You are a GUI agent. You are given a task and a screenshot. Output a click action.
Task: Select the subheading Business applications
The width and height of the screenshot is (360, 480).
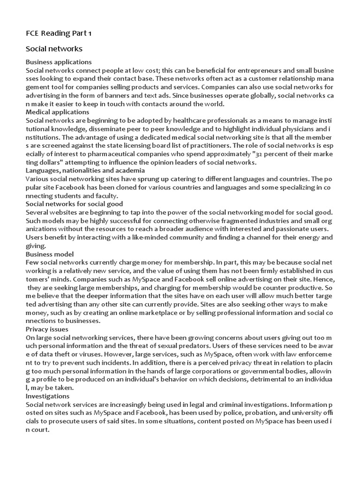coord(59,62)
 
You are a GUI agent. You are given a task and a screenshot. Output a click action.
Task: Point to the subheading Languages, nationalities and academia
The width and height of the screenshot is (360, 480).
coord(85,171)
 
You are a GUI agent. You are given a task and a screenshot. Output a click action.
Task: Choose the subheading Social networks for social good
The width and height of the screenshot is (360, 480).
coord(74,204)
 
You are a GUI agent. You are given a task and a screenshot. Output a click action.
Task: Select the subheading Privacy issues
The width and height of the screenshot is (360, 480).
coord(47,330)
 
